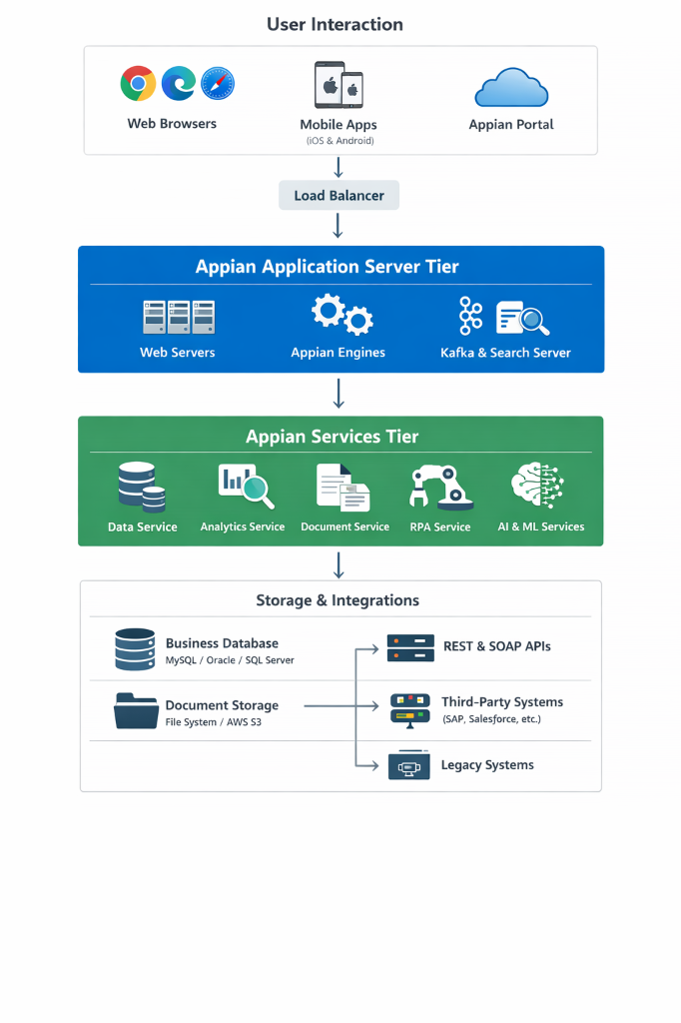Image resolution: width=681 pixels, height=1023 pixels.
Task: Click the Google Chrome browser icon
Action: coord(138,84)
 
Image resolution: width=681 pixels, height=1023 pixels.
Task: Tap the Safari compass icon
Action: coord(218,84)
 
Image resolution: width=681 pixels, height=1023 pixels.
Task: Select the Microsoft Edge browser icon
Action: coord(180,84)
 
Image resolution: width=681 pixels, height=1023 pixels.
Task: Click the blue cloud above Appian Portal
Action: coord(511,88)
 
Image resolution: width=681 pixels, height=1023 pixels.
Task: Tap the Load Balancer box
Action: coord(339,196)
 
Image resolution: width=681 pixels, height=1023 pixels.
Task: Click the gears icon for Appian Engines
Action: coord(341,315)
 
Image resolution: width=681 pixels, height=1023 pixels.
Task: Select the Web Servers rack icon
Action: coord(178,318)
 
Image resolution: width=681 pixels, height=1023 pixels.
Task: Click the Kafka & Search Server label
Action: coord(505,353)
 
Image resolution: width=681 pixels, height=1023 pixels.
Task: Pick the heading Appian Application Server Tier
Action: coord(340,267)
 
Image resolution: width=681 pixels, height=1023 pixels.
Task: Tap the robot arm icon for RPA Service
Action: coord(440,487)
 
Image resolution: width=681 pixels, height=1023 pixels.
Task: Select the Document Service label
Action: coord(344,526)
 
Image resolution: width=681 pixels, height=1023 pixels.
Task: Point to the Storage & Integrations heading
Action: coord(338,600)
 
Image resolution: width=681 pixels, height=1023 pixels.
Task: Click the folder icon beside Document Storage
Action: coord(136,710)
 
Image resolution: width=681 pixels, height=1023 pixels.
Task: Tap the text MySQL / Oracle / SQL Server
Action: coord(230,660)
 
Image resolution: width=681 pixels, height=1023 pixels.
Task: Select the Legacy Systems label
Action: coord(487,765)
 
